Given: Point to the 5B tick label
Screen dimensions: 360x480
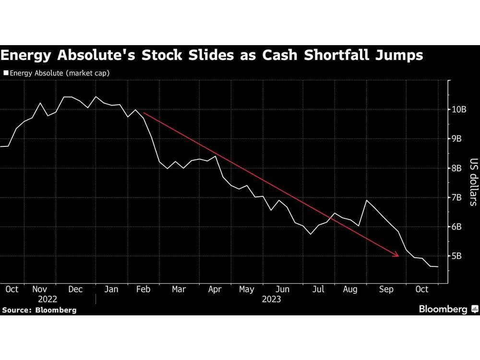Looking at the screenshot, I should [456, 256].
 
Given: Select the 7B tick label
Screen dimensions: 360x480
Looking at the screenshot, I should [456, 197].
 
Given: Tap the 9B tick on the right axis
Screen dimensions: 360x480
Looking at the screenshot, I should [456, 139].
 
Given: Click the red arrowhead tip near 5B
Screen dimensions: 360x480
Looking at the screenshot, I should [399, 256].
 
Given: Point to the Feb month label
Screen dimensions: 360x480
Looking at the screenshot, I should [144, 289].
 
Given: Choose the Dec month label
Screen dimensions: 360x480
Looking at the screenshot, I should [75, 289].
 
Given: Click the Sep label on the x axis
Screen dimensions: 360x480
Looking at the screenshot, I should [386, 289].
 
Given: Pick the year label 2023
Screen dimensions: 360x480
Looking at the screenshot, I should [272, 299].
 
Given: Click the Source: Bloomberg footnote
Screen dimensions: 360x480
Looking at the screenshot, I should [39, 310].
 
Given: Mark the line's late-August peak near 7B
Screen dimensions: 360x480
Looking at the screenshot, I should [367, 200].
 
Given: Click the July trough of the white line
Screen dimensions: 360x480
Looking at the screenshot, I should [311, 234].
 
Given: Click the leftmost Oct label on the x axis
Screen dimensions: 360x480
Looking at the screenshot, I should [12, 289].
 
